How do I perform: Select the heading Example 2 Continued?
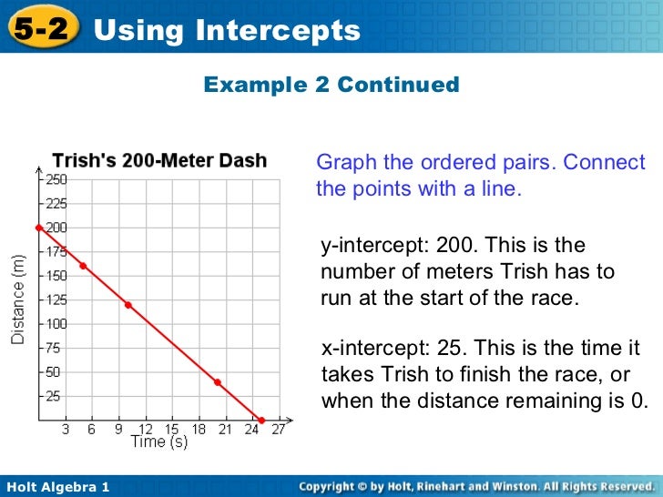tap(331, 85)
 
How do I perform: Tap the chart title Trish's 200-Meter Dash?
tap(159, 161)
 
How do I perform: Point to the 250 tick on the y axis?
tap(55, 179)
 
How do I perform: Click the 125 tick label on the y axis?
tap(55, 299)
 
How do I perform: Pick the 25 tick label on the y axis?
tap(54, 396)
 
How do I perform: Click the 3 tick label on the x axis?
tap(65, 430)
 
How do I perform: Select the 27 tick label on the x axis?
tap(278, 430)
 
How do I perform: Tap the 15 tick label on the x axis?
tap(171, 430)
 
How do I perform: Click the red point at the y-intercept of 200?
tap(38, 228)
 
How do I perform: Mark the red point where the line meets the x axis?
tap(261, 421)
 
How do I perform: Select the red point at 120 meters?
tap(127, 305)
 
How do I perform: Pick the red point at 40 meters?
tap(217, 382)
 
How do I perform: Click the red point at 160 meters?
tap(83, 266)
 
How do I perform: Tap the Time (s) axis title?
tap(160, 442)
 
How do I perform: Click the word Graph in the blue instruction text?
tap(346, 163)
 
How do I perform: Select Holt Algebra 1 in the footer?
tap(57, 488)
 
